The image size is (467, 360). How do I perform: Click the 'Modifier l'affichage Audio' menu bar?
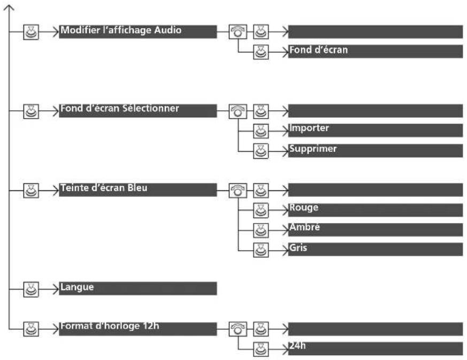(137, 32)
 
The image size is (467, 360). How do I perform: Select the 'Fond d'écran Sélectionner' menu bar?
(137, 111)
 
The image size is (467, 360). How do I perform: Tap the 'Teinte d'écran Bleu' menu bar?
(137, 190)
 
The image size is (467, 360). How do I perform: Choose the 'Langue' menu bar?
(137, 288)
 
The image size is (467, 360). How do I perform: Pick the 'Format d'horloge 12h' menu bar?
(137, 329)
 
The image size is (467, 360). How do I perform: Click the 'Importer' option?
(376, 131)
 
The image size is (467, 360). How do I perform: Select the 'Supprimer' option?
(376, 151)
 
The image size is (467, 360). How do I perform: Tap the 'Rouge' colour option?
(376, 210)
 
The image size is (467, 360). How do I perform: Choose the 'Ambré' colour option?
(376, 230)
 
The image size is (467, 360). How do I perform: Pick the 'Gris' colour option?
(376, 249)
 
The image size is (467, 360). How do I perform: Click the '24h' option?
(376, 349)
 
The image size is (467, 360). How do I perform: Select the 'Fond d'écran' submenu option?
(376, 51)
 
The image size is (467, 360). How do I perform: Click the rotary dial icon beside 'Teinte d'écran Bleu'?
(238, 190)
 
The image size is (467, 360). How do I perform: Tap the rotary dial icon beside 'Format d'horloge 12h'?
(238, 329)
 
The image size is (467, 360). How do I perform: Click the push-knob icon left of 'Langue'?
(31, 289)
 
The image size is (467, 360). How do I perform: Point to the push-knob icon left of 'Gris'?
(261, 250)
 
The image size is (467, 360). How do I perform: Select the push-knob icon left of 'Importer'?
(261, 131)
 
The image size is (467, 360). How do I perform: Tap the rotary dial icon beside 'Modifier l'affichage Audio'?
(238, 32)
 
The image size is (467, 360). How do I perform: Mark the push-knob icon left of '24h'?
(261, 349)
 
